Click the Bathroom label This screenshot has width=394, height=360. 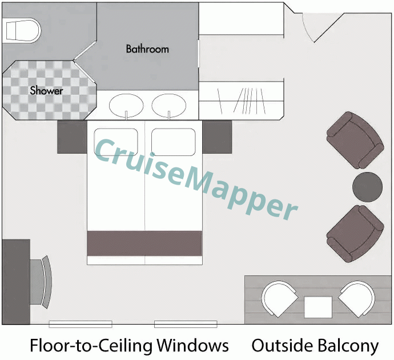click(147, 49)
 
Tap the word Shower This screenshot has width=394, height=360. click(46, 90)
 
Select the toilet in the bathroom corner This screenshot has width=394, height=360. click(21, 29)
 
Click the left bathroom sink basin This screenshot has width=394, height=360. click(126, 105)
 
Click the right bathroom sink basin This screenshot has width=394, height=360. click(169, 105)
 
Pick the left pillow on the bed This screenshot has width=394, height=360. click(116, 141)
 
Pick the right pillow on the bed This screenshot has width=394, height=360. click(174, 141)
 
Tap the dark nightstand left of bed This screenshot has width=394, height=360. click(72, 137)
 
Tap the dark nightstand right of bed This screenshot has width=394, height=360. click(217, 137)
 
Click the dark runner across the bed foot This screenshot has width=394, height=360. click(144, 243)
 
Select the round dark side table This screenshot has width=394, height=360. click(367, 186)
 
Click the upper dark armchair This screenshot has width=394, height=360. click(354, 139)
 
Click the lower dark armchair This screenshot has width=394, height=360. click(354, 234)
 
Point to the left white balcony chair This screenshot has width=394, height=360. click(279, 299)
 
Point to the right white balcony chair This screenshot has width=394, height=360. click(357, 299)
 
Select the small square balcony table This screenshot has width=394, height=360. click(318, 307)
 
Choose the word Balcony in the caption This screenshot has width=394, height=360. click(347, 345)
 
